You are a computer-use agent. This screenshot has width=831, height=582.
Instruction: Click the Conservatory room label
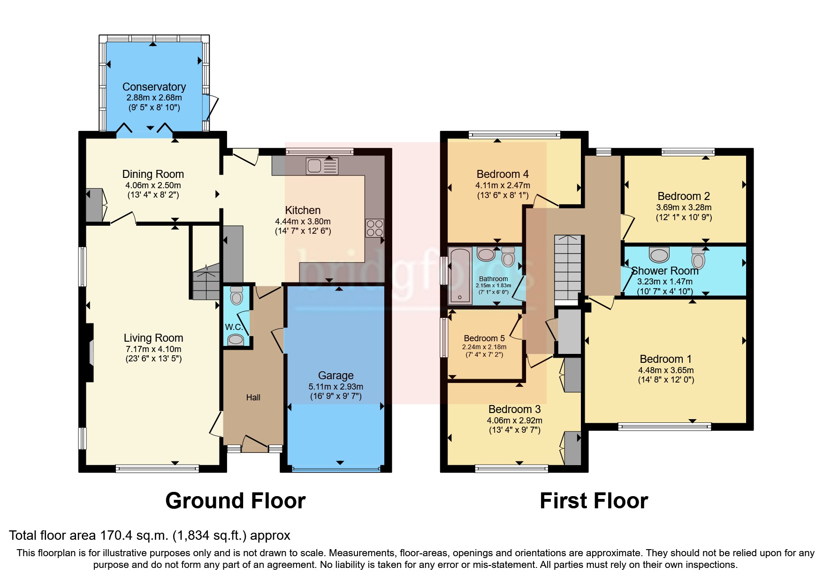coord(154,87)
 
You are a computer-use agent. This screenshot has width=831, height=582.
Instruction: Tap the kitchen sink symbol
coord(322,166)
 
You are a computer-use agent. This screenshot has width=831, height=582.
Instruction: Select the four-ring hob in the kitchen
coord(374,228)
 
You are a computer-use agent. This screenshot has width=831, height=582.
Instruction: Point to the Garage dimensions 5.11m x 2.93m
coord(335,387)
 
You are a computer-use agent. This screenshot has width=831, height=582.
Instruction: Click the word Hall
coord(253,398)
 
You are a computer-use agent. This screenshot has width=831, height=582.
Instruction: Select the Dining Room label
coord(153,174)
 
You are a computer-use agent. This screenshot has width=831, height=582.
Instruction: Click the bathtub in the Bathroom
coord(460,276)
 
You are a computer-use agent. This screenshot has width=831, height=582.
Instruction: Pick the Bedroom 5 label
coord(484,338)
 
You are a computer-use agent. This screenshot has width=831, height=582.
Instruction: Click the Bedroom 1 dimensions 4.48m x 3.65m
coord(665,370)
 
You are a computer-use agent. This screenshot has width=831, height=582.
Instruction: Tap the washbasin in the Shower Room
coord(659,255)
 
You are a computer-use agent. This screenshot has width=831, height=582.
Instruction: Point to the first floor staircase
coord(568,268)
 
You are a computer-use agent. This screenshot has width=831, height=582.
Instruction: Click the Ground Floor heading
coord(235,501)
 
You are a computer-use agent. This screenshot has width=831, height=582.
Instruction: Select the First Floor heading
coord(594,501)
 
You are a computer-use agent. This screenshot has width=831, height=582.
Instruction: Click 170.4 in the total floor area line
coord(116,536)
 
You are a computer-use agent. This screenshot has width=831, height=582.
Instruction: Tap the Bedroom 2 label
coord(683,196)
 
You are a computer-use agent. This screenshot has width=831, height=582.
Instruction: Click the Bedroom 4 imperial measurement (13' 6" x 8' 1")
coord(502,195)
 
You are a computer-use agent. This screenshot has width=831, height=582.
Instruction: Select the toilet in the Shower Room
coord(698,257)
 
